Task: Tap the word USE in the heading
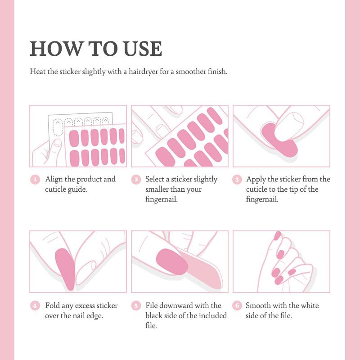143,49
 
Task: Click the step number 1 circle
35,180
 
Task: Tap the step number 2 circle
136,180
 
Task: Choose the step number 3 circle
237,180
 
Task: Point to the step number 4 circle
35,306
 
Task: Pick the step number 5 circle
136,306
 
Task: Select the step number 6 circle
237,306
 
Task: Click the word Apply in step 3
256,180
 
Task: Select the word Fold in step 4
52,306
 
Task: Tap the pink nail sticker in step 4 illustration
66,269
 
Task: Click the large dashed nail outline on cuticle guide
58,128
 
